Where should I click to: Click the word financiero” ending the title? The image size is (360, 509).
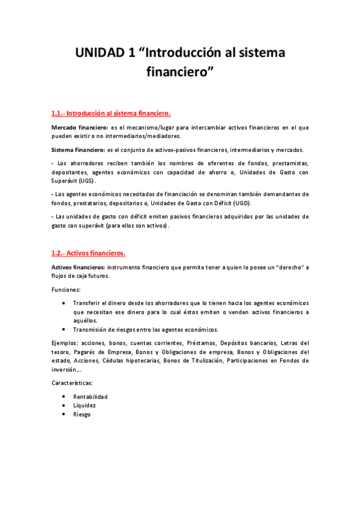(x=180, y=73)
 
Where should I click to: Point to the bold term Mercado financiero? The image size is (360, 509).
(x=76, y=128)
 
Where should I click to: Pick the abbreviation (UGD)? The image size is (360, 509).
(x=240, y=203)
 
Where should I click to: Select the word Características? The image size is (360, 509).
(x=72, y=382)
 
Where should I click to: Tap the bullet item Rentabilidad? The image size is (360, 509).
(x=90, y=397)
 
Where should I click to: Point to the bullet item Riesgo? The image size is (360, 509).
(x=82, y=414)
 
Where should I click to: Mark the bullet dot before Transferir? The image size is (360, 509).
(x=64, y=303)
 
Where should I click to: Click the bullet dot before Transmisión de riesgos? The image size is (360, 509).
(x=64, y=330)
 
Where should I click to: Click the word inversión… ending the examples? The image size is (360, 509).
(x=67, y=370)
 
